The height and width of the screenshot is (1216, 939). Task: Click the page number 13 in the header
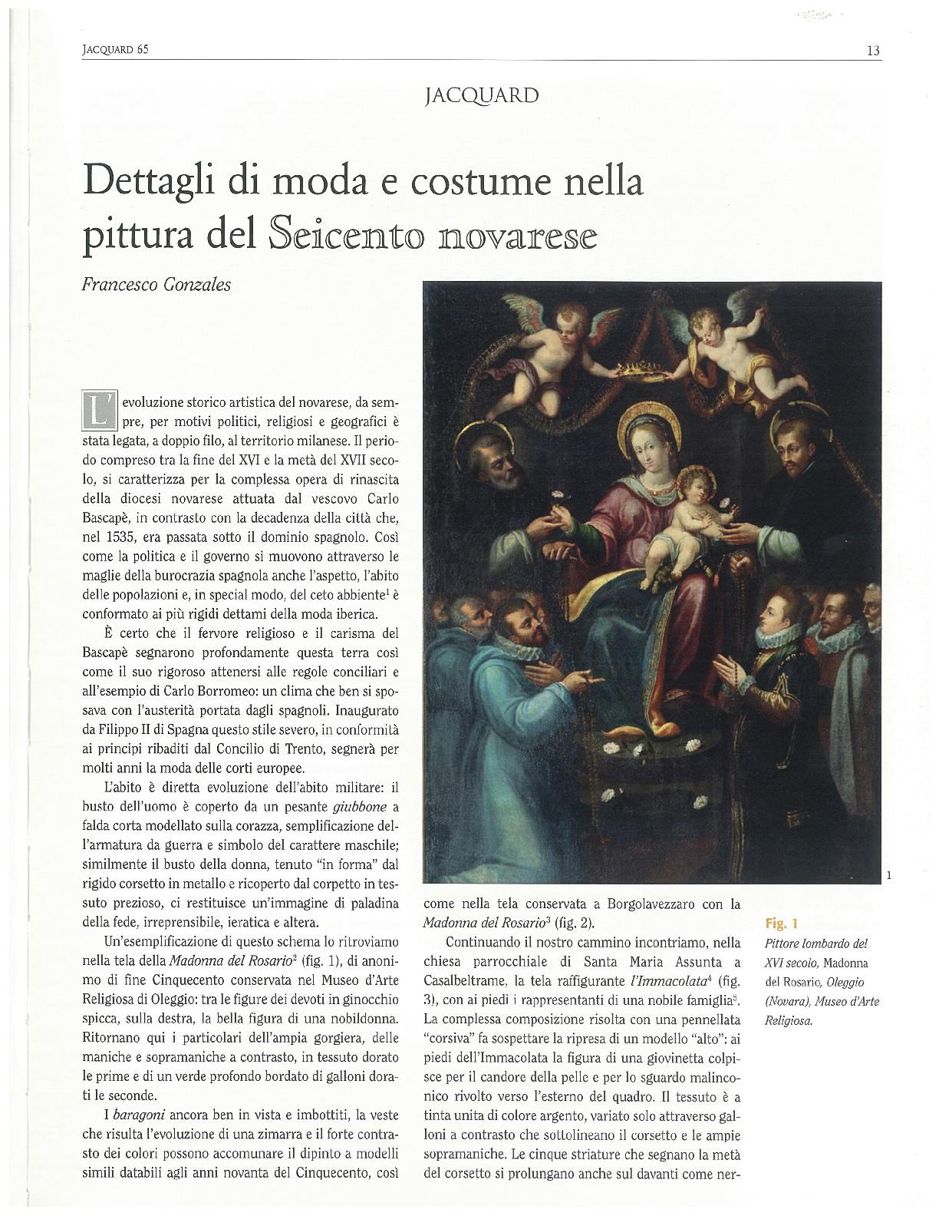(872, 51)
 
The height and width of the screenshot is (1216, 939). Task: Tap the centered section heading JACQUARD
(481, 96)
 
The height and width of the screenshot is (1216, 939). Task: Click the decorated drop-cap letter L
(99, 410)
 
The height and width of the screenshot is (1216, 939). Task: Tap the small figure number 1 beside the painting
(888, 874)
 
